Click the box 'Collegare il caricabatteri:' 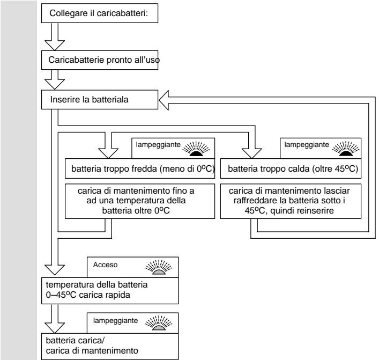pyautogui.click(x=100, y=13)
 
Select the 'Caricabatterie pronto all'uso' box pyautogui.click(x=100, y=60)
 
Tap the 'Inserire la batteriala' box pyautogui.click(x=100, y=100)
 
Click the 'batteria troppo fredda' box pyautogui.click(x=140, y=168)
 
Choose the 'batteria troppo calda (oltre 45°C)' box pyautogui.click(x=291, y=168)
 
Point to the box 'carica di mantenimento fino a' pyautogui.click(x=140, y=201)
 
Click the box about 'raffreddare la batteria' pyautogui.click(x=291, y=201)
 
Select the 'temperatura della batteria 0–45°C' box pyautogui.click(x=110, y=291)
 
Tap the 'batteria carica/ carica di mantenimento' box pyautogui.click(x=110, y=347)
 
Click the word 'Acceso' pyautogui.click(x=106, y=265)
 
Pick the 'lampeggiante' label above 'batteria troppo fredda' pyautogui.click(x=158, y=145)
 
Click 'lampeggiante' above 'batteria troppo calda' pyautogui.click(x=307, y=145)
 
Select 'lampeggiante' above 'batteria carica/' pyautogui.click(x=116, y=320)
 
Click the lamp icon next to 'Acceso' pyautogui.click(x=159, y=267)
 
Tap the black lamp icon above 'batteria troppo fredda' pyautogui.click(x=196, y=149)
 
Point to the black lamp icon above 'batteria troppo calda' pyautogui.click(x=346, y=149)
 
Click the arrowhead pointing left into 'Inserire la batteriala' pyautogui.click(x=164, y=100)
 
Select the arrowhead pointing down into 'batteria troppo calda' pyautogui.click(x=251, y=153)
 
